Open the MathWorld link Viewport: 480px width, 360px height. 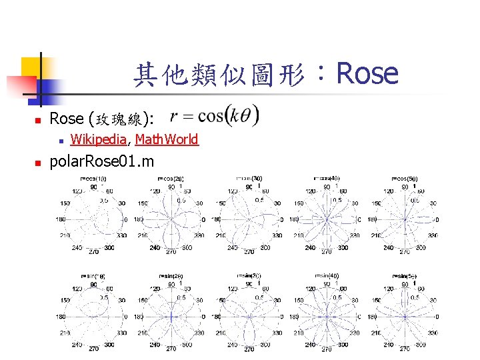(167, 139)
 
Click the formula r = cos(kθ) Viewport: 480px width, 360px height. (215, 117)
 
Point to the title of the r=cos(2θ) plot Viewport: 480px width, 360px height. (171, 179)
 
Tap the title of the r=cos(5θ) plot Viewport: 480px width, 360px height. (404, 179)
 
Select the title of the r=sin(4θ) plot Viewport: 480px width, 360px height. (327, 275)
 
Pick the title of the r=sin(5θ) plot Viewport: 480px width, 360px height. (404, 275)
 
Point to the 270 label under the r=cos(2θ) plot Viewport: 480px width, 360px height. (171, 252)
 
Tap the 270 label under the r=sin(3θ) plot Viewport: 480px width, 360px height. (249, 349)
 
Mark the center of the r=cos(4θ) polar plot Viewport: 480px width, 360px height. (327, 219)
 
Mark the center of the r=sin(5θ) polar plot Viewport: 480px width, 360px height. (404, 317)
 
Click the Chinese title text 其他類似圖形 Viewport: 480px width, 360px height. (219, 75)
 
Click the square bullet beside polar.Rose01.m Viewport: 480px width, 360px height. (38, 162)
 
